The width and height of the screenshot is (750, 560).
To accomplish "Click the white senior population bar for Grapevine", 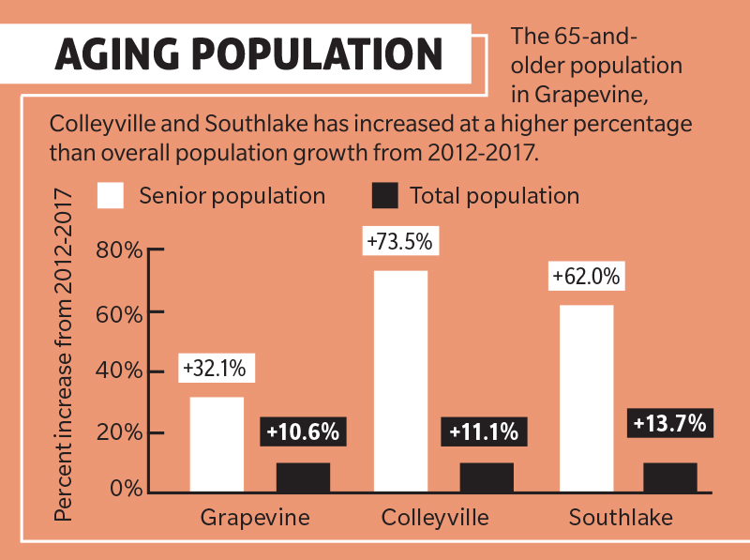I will tap(217, 444).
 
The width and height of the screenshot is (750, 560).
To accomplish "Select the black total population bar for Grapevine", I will tap(303, 477).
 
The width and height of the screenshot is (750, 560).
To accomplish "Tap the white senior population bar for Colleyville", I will tap(400, 380).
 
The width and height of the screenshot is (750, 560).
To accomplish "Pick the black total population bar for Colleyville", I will tap(487, 477).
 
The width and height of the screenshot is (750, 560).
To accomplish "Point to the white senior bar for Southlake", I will tap(586, 398).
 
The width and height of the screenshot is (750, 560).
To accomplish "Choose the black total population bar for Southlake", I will tap(670, 477).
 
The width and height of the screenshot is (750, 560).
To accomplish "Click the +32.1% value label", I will tap(214, 369).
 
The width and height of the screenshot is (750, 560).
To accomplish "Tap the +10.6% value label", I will tap(302, 432).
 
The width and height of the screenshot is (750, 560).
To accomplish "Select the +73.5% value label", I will tap(399, 242).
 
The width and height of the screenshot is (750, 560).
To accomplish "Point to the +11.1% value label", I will tap(484, 432).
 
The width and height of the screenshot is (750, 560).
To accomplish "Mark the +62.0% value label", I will tap(586, 278).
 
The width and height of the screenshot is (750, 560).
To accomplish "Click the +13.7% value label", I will tap(668, 423).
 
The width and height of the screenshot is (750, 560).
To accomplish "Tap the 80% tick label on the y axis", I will tap(118, 251).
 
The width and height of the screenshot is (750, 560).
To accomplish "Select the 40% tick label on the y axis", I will tap(118, 371).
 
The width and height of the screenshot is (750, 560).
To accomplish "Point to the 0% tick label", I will tap(125, 489).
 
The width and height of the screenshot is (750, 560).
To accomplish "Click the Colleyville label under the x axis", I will tap(435, 518).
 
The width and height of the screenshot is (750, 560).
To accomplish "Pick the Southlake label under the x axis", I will tap(621, 518).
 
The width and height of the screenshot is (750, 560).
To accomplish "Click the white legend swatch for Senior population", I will tap(111, 195).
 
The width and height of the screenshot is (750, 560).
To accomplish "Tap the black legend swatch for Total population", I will tap(385, 195).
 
